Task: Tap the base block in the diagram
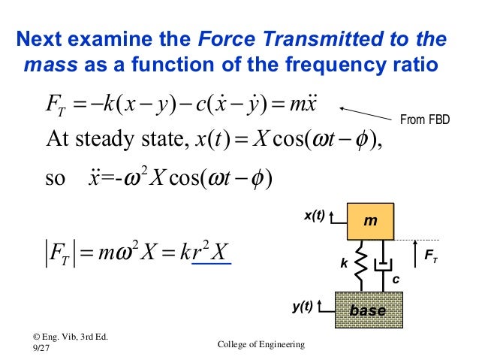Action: pyautogui.click(x=368, y=309)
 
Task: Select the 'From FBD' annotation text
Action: pyautogui.click(x=423, y=118)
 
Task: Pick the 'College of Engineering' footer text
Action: pyautogui.click(x=260, y=345)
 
